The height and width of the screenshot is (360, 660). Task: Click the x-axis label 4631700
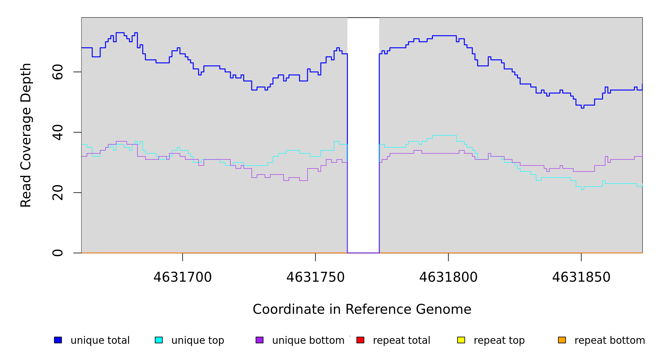[x=182, y=277]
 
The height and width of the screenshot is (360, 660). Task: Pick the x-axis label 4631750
[x=315, y=277]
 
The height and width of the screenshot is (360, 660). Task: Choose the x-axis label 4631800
[x=448, y=277]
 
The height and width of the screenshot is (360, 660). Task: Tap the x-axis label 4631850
[x=581, y=277]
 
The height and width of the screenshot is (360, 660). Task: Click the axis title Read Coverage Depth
[x=26, y=135]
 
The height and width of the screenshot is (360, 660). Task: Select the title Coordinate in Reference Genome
[x=362, y=309]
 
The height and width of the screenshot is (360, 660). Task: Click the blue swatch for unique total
[x=58, y=340]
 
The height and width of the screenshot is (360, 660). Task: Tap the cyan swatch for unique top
[x=159, y=340]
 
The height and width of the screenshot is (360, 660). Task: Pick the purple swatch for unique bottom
[x=259, y=340]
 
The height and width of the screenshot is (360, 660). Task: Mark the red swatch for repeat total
[x=360, y=340]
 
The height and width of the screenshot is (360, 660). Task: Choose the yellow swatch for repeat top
[x=461, y=340]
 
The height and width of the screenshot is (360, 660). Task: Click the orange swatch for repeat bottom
[x=562, y=340]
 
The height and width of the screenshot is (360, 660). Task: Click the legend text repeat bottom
[x=610, y=340]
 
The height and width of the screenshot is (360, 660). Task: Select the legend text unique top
[x=198, y=340]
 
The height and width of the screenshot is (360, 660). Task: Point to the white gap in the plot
[x=363, y=135]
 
